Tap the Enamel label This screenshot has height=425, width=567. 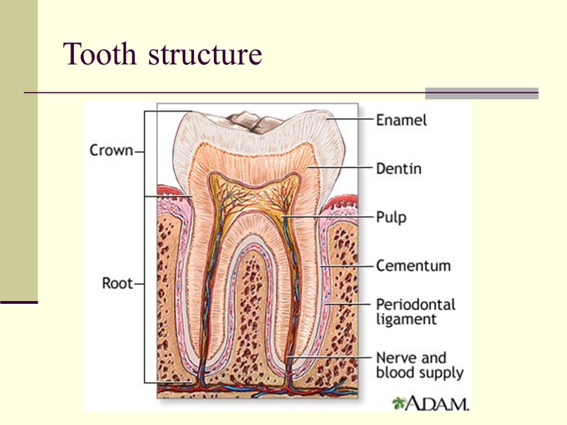pyautogui.click(x=401, y=120)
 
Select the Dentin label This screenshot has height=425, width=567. pyautogui.click(x=399, y=168)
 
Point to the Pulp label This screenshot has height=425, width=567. pyautogui.click(x=391, y=217)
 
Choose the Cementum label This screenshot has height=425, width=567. pyautogui.click(x=413, y=266)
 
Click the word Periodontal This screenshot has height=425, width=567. pyautogui.click(x=415, y=304)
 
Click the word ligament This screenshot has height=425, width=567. pyautogui.click(x=406, y=319)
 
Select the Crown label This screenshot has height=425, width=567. pyautogui.click(x=111, y=151)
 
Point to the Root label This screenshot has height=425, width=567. pyautogui.click(x=117, y=283)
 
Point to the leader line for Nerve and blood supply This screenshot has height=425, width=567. pyautogui.click(x=332, y=357)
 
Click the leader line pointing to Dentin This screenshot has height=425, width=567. pyautogui.click(x=343, y=167)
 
